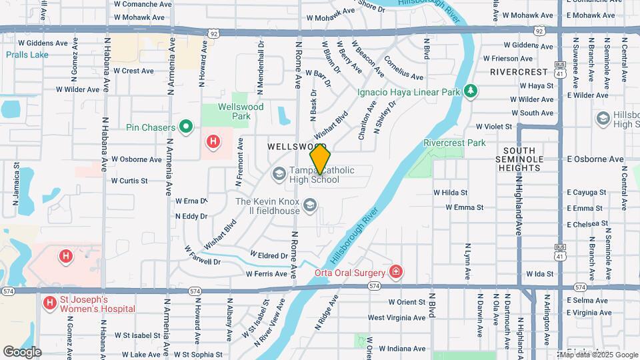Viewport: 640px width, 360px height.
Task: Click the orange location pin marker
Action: tap(321, 159)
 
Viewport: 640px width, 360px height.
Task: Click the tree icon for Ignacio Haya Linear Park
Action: tap(471, 91)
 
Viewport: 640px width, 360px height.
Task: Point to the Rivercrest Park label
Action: tap(455, 143)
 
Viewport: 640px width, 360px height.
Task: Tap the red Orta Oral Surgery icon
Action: tap(396, 272)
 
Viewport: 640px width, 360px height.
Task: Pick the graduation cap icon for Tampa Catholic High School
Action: tap(279, 175)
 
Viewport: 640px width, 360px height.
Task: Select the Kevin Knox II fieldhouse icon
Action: tap(309, 207)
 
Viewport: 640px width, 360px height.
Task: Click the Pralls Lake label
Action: tap(27, 55)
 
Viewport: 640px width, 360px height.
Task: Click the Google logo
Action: tap(22, 351)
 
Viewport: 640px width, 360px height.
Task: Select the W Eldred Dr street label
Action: tap(269, 255)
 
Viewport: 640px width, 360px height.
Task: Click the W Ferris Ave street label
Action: tap(266, 274)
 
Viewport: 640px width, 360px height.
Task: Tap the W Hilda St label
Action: tap(450, 192)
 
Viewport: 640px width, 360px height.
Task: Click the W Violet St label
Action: tap(493, 126)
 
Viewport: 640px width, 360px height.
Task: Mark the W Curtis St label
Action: tap(129, 181)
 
